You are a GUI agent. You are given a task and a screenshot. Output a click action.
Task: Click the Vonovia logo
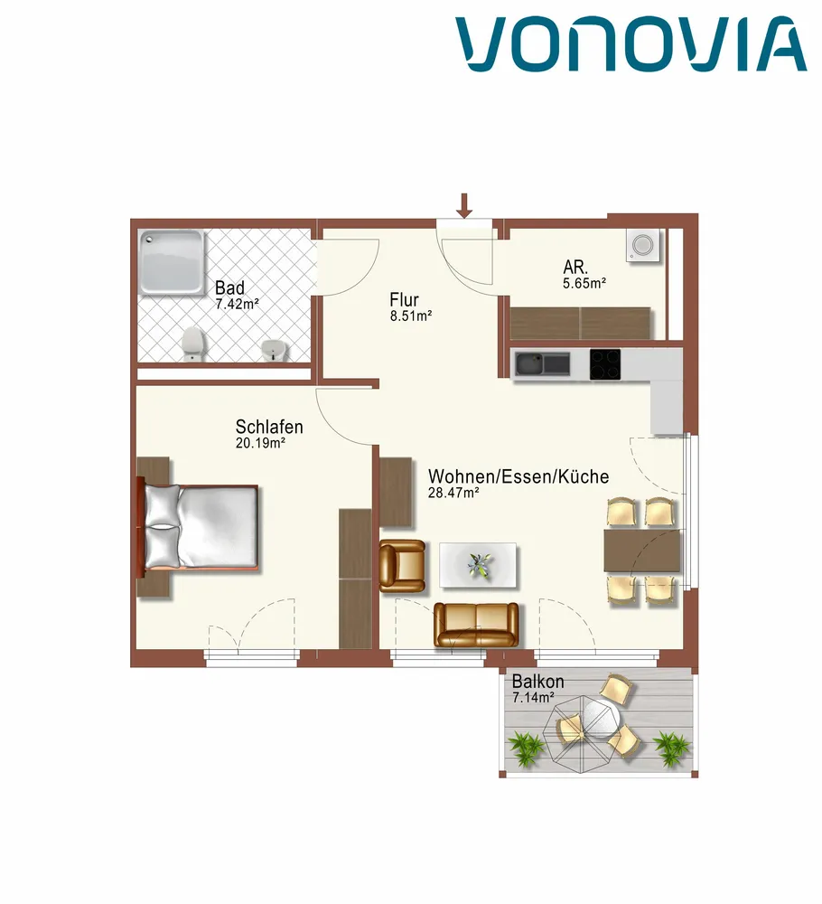click(631, 44)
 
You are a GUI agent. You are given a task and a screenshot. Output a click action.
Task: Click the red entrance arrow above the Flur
click(464, 206)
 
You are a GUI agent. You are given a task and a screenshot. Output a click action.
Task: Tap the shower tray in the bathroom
click(172, 262)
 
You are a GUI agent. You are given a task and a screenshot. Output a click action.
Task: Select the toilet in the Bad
click(192, 344)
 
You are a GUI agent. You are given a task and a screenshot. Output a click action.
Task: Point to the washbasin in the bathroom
click(273, 350)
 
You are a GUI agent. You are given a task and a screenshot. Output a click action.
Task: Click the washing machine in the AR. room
click(643, 245)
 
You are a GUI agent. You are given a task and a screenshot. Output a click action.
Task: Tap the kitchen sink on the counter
click(542, 363)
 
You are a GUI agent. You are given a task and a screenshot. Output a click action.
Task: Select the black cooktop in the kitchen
click(605, 364)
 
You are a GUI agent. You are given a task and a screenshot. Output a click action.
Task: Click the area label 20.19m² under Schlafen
click(260, 443)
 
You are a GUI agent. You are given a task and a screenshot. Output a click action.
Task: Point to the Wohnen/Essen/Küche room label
click(518, 476)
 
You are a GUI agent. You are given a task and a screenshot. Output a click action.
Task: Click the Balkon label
click(538, 682)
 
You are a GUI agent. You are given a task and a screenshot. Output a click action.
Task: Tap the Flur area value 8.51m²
click(411, 315)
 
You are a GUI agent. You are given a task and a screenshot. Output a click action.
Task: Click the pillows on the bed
click(163, 525)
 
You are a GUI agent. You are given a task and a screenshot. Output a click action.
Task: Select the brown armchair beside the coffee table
click(402, 566)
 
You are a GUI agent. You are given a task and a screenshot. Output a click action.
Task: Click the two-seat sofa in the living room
click(476, 625)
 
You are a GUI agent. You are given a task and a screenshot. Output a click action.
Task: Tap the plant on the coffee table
click(480, 566)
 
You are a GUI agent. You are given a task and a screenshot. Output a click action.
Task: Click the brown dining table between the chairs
click(641, 550)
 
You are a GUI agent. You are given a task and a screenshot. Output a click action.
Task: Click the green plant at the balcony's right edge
click(671, 748)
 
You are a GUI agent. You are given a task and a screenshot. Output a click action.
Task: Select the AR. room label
click(575, 268)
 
